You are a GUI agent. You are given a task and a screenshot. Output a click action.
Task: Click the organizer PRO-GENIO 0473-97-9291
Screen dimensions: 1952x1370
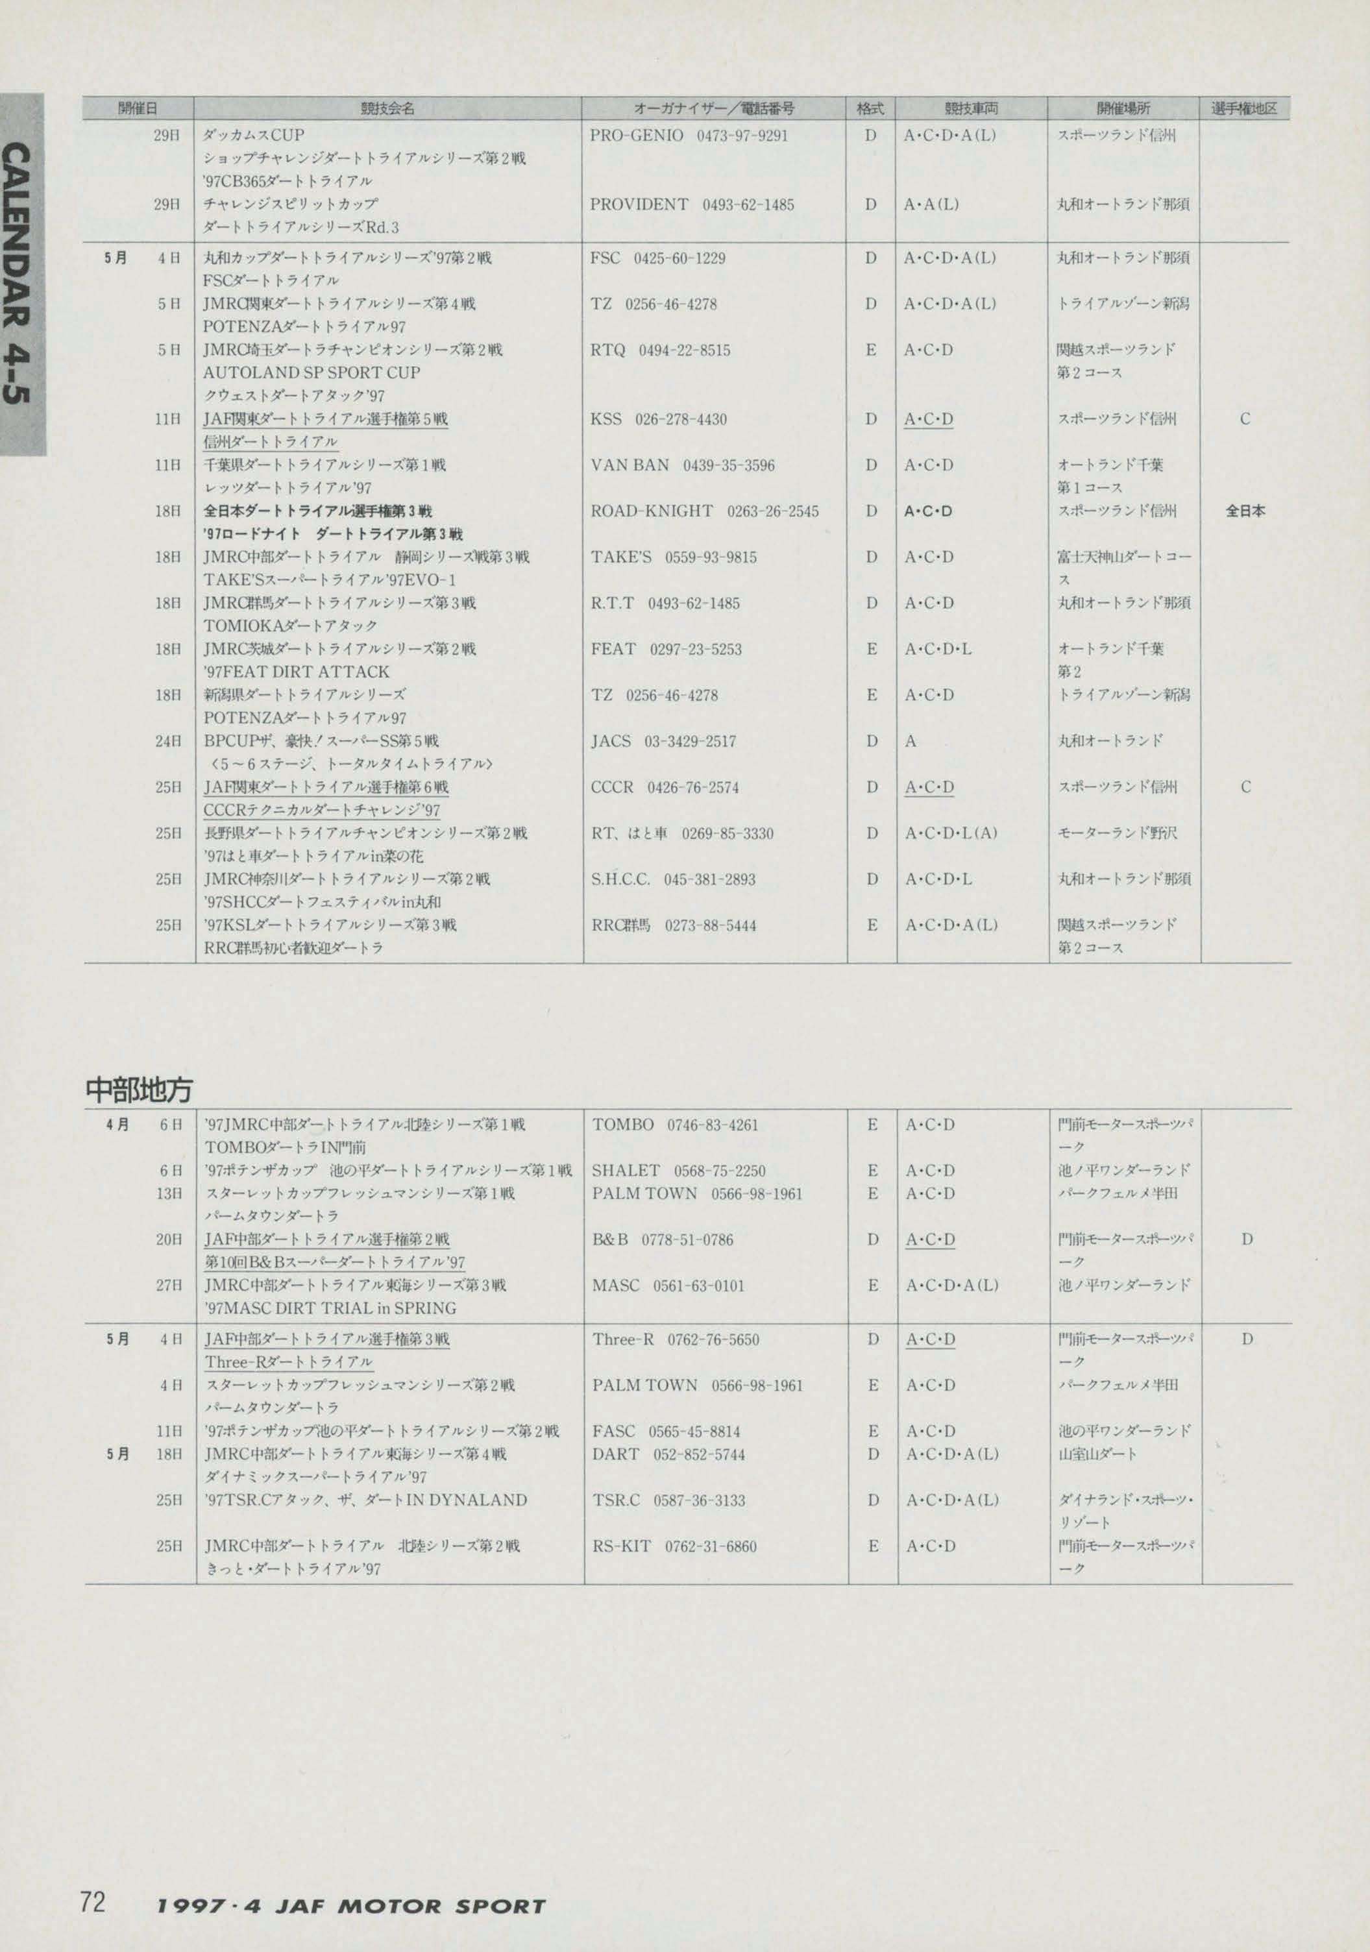pos(689,135)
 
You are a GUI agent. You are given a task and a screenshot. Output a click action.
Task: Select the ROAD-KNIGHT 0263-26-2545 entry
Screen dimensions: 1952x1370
pos(704,511)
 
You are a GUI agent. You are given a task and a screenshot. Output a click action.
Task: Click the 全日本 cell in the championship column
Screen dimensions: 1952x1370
pos(1245,511)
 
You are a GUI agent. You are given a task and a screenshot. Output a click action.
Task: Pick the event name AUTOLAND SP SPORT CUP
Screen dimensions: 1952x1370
pos(312,372)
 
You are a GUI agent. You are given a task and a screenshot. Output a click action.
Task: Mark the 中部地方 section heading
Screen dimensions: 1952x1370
pos(140,1089)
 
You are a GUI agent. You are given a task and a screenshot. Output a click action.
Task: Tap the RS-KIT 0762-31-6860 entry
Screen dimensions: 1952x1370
pos(674,1546)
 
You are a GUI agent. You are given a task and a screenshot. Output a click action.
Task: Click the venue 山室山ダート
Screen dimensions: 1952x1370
pos(1097,1454)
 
